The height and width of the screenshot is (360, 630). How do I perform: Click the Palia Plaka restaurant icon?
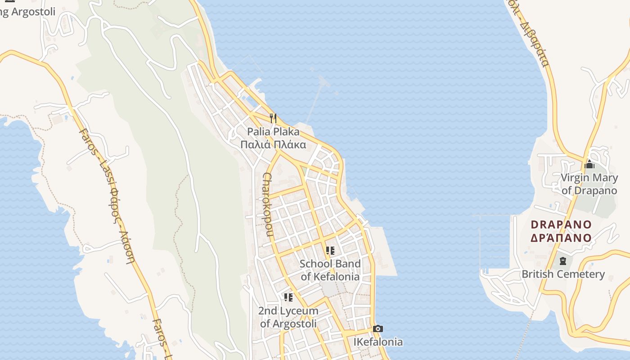273,118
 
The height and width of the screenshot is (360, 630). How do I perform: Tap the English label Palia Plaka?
273,132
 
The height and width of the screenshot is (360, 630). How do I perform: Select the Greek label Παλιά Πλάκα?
273,144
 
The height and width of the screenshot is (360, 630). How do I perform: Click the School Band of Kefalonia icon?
330,251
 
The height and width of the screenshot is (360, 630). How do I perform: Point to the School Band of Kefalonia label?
330,270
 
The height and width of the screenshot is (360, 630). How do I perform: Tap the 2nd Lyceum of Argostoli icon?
288,297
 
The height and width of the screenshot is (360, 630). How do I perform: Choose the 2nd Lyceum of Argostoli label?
288,317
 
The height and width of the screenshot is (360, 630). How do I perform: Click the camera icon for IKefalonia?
378,329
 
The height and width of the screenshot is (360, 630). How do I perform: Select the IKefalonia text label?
378,342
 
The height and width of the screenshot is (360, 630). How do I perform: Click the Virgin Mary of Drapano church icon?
589,165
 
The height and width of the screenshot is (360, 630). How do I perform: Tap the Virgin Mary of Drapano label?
589,184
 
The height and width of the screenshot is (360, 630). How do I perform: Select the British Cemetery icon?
562,261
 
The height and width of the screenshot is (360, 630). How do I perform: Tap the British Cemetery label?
563,274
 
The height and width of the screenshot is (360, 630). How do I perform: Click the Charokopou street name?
268,205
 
